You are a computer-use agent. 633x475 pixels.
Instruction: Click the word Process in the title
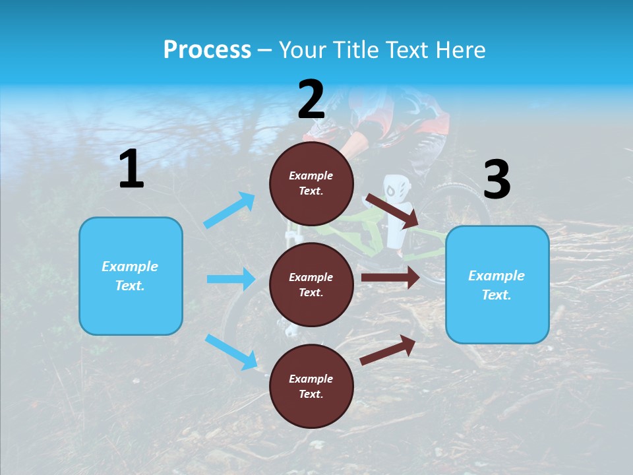click(207, 50)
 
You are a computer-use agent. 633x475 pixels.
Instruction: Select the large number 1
click(131, 170)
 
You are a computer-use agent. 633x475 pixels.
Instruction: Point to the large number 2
click(311, 100)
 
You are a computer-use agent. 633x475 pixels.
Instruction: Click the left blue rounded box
click(131, 276)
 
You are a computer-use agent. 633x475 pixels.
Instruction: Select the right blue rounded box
click(497, 285)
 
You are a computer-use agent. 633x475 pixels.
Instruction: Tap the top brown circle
click(311, 183)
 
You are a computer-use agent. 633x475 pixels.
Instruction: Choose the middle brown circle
click(311, 285)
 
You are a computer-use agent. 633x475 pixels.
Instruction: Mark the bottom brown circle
click(311, 387)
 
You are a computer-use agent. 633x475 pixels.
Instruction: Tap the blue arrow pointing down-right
click(231, 352)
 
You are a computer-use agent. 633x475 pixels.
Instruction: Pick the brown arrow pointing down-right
click(392, 210)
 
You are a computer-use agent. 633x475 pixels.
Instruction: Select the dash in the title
click(265, 51)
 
